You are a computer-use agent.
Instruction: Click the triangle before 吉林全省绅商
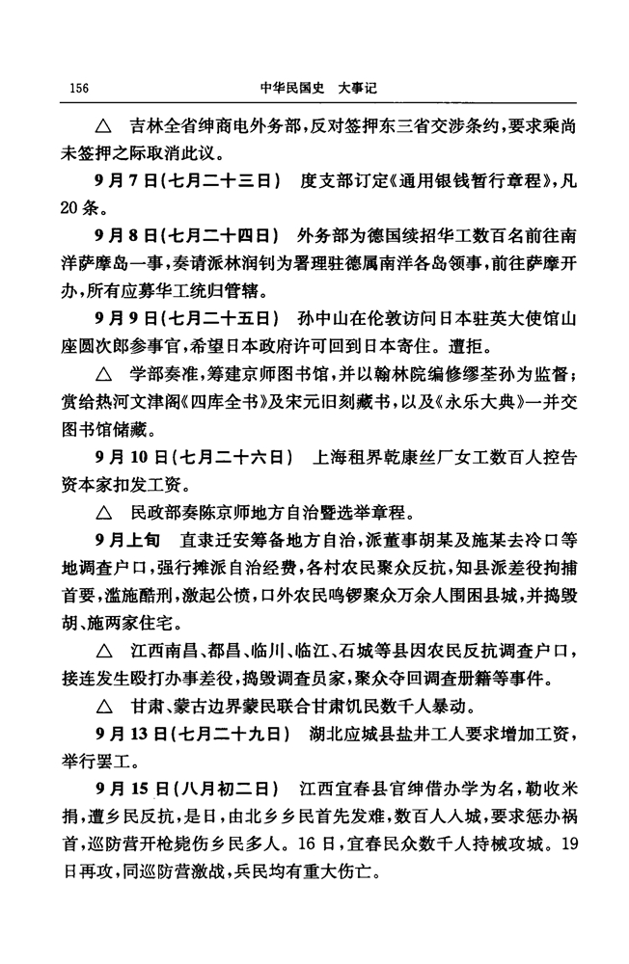coord(102,127)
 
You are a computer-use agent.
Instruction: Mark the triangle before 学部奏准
coord(102,368)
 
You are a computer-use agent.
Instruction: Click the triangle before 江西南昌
coord(102,645)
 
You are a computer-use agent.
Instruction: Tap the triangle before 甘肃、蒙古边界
coord(102,731)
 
